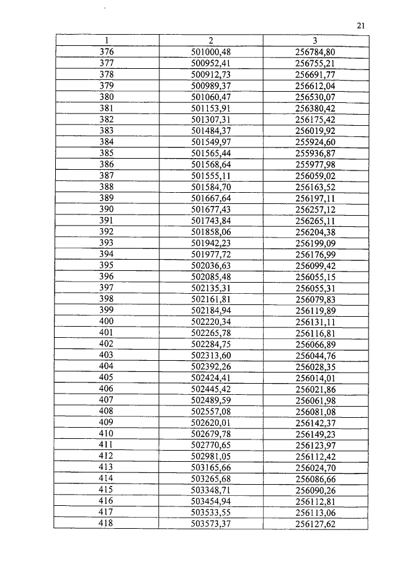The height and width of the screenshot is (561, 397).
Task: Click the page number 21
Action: tap(362, 25)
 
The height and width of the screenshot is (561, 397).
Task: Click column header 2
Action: tap(211, 40)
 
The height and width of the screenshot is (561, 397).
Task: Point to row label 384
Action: tap(106, 142)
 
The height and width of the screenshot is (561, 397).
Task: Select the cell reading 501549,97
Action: tap(211, 142)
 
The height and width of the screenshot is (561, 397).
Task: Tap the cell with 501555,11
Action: tap(211, 176)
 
